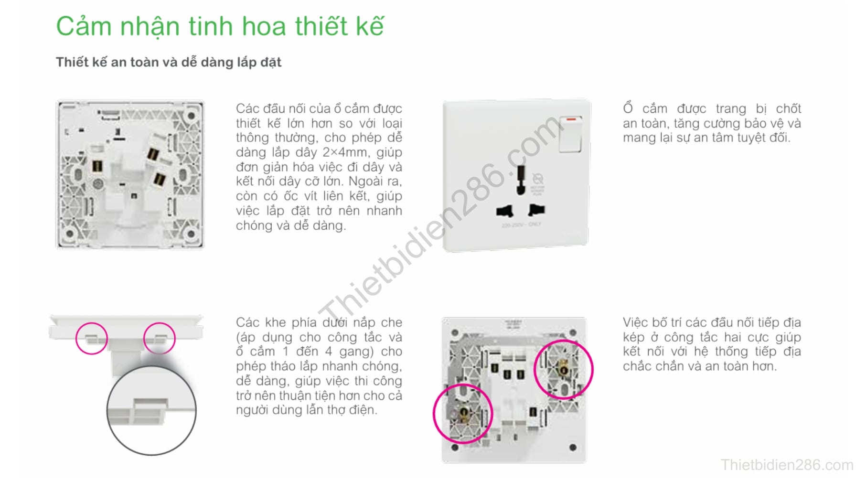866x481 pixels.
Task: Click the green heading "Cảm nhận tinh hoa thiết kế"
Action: click(220, 26)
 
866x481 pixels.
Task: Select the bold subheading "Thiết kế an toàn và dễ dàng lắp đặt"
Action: click(169, 63)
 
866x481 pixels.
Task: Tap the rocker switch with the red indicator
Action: click(570, 134)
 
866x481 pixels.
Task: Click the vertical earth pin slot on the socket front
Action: click(521, 180)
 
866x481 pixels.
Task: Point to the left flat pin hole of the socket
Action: click(505, 211)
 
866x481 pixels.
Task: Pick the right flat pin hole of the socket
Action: click(536, 209)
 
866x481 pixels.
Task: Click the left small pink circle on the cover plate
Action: click(92, 338)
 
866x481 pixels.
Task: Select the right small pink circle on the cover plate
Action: click(160, 338)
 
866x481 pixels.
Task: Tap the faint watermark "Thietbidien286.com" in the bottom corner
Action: click(787, 465)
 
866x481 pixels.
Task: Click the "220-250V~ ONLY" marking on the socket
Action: click(521, 224)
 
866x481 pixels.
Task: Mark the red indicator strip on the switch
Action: click(573, 119)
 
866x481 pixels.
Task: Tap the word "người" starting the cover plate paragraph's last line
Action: click(252, 411)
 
